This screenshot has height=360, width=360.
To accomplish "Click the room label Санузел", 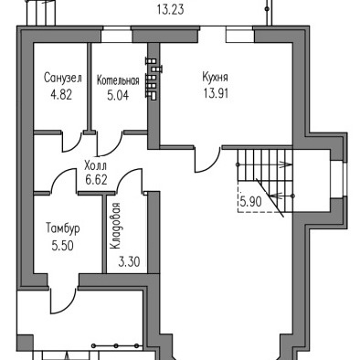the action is [x=63, y=78].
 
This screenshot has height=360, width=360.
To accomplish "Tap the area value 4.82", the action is [x=61, y=95].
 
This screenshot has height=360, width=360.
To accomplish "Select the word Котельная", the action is [x=118, y=80].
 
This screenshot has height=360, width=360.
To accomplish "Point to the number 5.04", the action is [x=118, y=95].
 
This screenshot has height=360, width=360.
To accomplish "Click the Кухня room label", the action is [x=215, y=77].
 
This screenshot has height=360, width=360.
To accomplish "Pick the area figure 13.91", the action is [x=217, y=93].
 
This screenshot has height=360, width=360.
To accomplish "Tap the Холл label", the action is [x=95, y=166].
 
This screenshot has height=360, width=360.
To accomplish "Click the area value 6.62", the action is [x=96, y=180].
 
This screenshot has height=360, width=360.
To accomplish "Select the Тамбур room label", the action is [x=63, y=228].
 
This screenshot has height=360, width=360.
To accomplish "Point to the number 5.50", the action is [x=63, y=246].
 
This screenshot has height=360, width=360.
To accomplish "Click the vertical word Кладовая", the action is [x=115, y=226].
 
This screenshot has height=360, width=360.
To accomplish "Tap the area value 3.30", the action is [x=129, y=261].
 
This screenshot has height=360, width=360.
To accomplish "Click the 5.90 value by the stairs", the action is [x=250, y=202].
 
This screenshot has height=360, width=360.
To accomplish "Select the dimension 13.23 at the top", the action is [x=171, y=9].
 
